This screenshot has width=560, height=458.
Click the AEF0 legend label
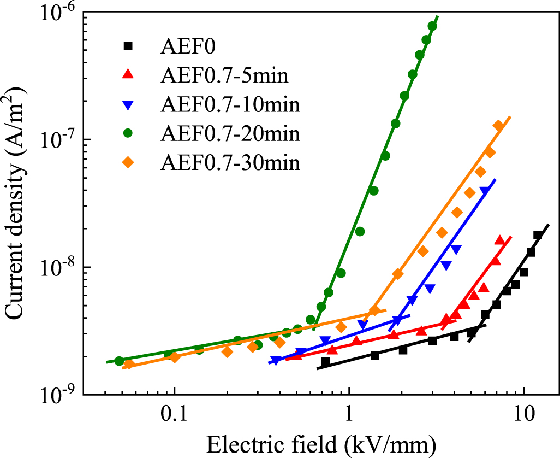188,47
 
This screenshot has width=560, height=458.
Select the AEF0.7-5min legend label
224,76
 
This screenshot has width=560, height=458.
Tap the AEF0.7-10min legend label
230,104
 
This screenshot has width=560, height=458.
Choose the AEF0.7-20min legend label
230,133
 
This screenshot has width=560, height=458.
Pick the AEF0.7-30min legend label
230,162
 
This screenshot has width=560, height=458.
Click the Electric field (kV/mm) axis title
320,443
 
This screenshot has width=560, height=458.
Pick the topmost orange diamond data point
498,126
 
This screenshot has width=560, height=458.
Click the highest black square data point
538,235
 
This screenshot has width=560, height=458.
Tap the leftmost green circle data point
119,361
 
